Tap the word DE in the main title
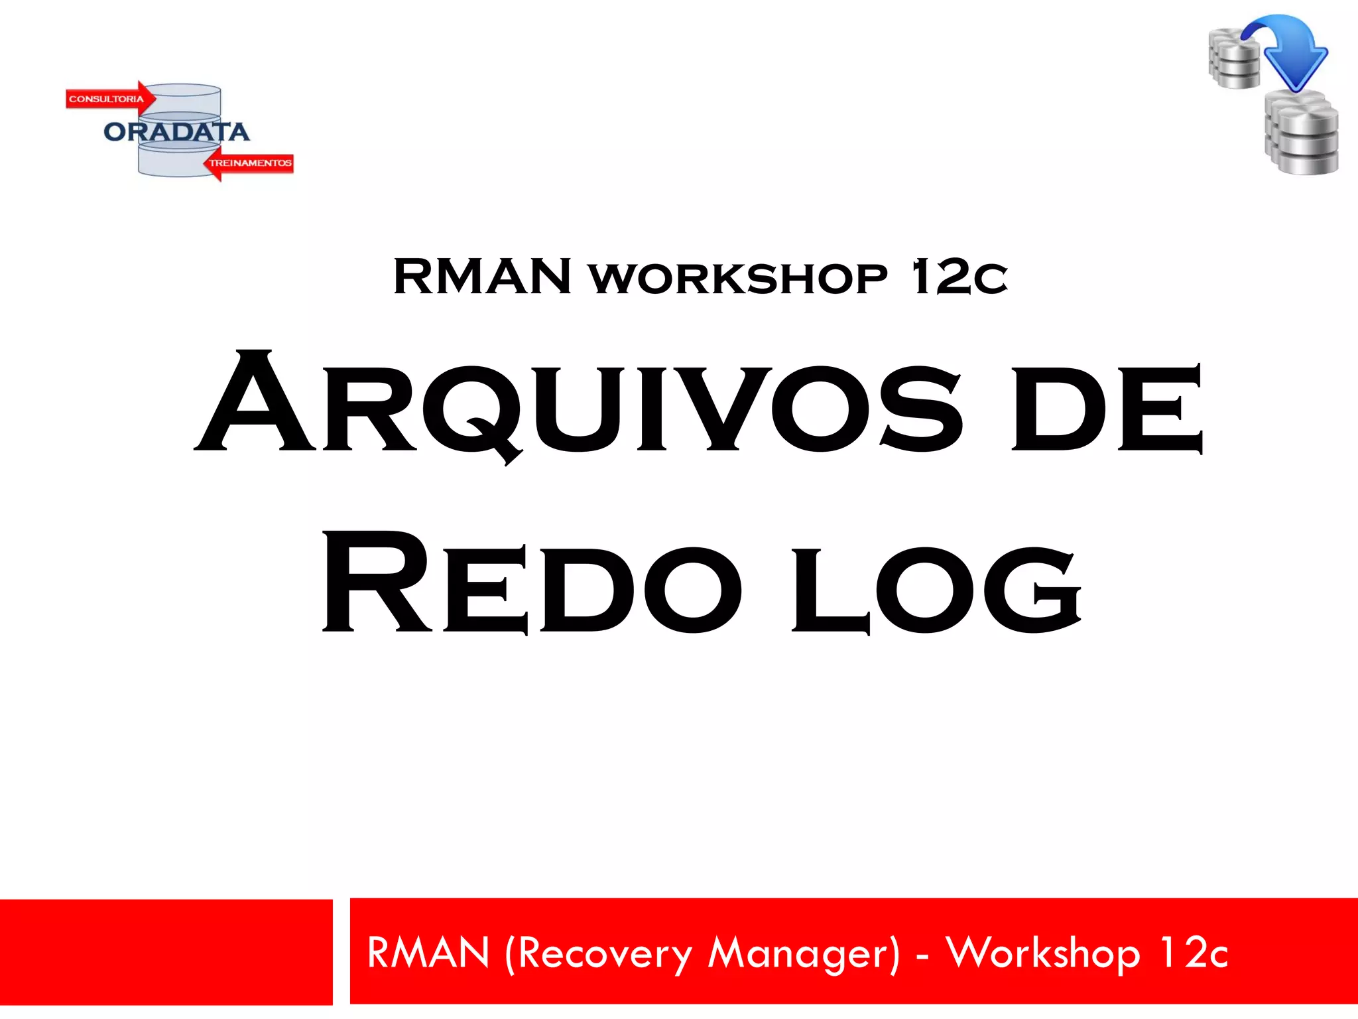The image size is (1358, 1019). tap(1106, 408)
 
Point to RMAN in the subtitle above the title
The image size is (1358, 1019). tap(482, 277)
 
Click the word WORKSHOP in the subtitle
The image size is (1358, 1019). tap(738, 279)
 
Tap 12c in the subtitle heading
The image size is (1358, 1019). tap(959, 277)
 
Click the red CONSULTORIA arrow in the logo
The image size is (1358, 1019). tap(110, 99)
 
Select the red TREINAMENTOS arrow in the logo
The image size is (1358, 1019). tap(249, 163)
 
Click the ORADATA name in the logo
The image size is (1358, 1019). tap(176, 132)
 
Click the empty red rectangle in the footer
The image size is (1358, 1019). tap(166, 952)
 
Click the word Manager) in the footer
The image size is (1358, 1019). tap(804, 953)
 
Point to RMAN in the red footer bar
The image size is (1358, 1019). tap(428, 953)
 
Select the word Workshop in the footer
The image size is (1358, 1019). tap(1043, 953)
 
